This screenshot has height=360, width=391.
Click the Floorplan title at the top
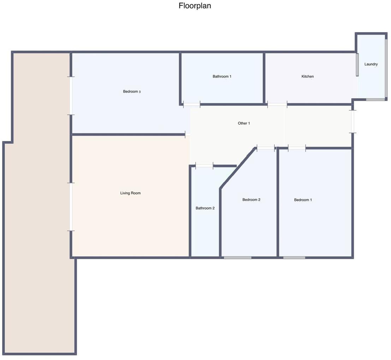[195, 6]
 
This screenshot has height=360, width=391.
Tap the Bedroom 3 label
[132, 92]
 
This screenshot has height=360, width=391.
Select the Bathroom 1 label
[222, 76]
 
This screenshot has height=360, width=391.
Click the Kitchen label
[307, 76]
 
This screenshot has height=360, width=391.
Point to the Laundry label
[371, 64]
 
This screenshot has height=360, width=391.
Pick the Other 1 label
[244, 123]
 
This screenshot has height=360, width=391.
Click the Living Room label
[130, 193]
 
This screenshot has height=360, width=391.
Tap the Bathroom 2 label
[205, 208]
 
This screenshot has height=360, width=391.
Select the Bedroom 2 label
[251, 200]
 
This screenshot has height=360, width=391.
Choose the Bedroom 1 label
[303, 200]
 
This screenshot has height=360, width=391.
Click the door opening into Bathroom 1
[192, 105]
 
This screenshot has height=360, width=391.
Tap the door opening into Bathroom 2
[204, 166]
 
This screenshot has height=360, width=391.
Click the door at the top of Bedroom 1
[297, 148]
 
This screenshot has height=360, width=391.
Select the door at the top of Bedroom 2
[266, 148]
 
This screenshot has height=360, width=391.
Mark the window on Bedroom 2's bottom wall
[237, 258]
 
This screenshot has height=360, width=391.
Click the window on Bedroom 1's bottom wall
[294, 258]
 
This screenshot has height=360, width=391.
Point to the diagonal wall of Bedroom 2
[238, 168]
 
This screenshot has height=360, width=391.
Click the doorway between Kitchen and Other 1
[277, 105]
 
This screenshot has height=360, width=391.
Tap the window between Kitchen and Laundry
[357, 65]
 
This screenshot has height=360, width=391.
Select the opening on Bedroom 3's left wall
[71, 96]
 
